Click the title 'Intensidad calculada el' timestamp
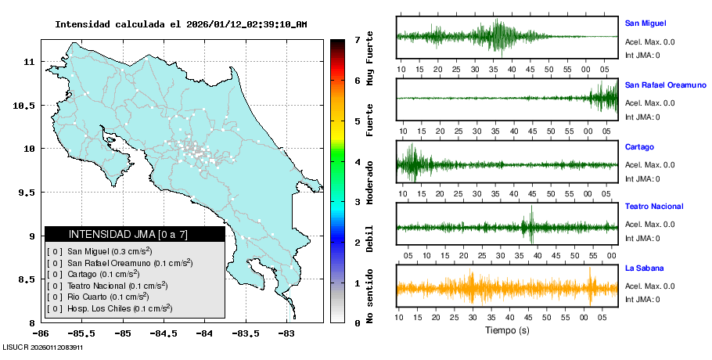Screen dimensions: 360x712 (181, 24)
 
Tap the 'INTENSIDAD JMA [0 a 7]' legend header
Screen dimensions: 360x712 (128, 234)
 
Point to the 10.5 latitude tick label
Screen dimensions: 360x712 (24, 105)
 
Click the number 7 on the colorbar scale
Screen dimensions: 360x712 (357, 39)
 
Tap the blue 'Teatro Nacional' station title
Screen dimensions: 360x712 (654, 207)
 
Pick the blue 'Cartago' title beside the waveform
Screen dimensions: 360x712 (639, 147)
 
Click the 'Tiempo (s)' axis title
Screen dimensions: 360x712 (507, 330)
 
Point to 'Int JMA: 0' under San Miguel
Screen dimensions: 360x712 (642, 55)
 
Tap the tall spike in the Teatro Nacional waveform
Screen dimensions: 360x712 (531, 225)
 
